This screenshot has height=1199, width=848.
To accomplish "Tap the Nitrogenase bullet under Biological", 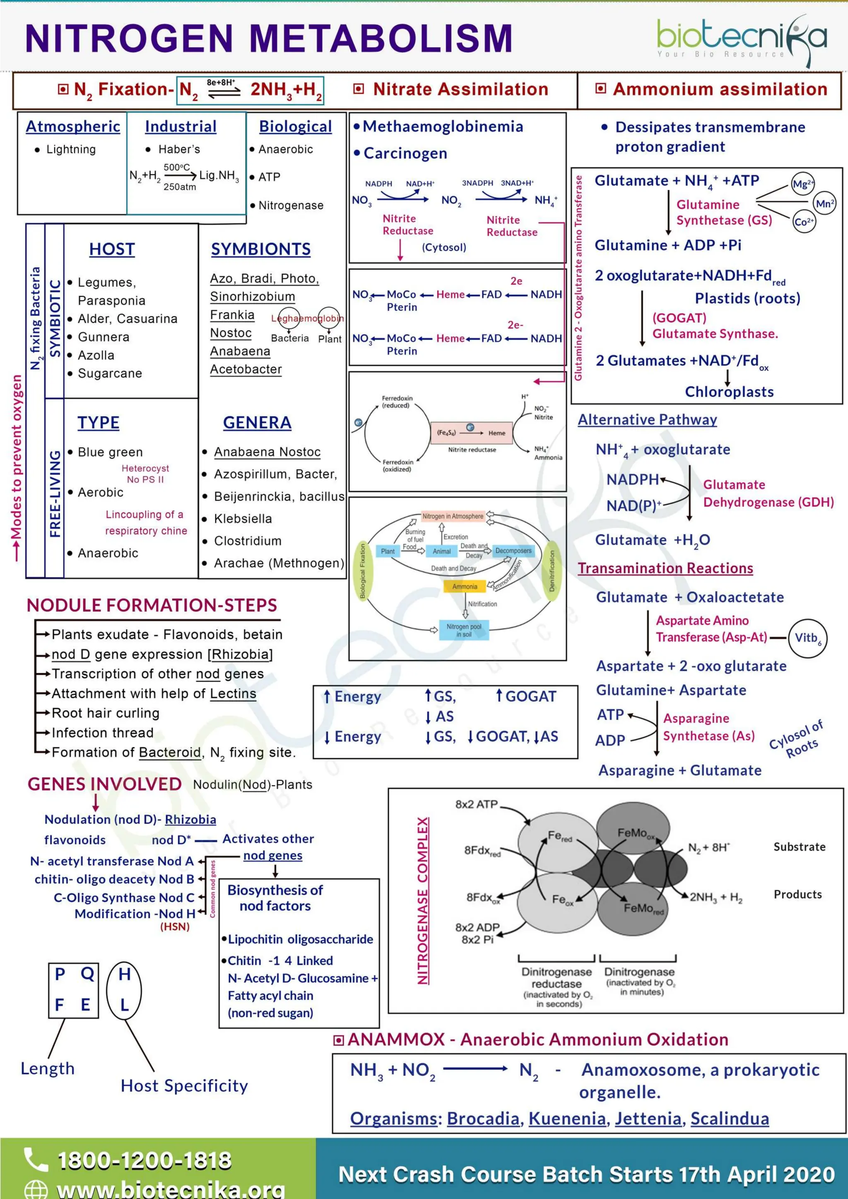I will [290, 206].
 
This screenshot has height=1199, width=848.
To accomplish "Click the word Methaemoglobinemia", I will [443, 126].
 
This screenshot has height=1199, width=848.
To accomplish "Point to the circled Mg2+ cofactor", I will [802, 184].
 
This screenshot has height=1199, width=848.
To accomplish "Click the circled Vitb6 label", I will [807, 638].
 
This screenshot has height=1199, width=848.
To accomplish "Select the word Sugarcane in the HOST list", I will [110, 373].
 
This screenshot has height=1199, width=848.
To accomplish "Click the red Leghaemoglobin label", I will [307, 318].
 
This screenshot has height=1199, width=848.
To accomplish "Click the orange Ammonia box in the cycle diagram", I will [464, 586].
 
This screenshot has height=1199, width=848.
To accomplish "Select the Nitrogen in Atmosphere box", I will [453, 516].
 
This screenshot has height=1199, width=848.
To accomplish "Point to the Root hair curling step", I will [106, 713].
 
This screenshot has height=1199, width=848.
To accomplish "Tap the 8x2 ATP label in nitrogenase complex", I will [476, 804].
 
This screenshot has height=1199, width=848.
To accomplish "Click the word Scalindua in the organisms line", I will [730, 1119].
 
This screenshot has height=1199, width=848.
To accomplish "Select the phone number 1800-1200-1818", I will [144, 1160].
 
